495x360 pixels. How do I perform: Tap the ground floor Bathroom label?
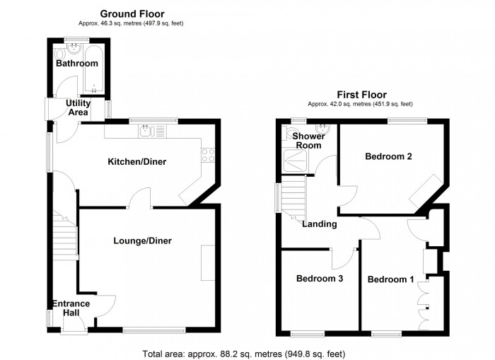click(77, 64)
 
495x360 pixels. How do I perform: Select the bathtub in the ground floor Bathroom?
click(94, 70)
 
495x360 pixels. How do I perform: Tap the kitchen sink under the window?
click(146, 130)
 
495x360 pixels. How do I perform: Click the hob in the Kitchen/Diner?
click(209, 154)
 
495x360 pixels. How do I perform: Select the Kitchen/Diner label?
click(136, 162)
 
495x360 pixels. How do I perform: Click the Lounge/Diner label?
click(142, 240)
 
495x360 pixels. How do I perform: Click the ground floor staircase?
click(64, 233)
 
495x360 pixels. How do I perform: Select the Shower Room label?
click(308, 140)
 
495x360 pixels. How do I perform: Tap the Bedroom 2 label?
click(388, 156)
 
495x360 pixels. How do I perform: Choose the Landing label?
click(319, 224)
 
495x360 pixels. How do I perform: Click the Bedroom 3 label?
click(320, 279)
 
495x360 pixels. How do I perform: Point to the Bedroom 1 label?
click(391, 279)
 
